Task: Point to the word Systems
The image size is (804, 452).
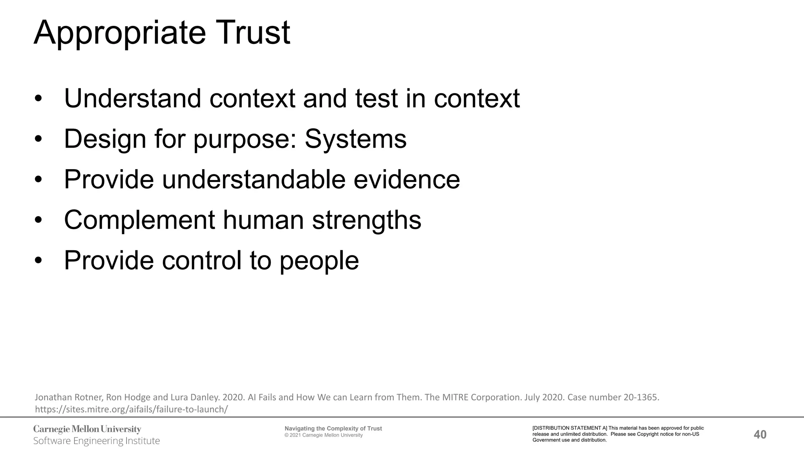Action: [356, 139]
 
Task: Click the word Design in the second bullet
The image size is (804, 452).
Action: [105, 139]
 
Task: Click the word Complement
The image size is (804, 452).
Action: [139, 220]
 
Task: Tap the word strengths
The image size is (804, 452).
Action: [367, 220]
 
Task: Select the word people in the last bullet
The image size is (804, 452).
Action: [319, 261]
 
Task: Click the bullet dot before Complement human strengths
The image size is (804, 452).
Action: [38, 221]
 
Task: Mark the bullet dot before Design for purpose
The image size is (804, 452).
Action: [38, 139]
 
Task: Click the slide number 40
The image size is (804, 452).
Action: [760, 434]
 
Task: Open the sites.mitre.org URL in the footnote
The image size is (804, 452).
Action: [131, 409]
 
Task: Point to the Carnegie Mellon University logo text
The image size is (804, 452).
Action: [87, 429]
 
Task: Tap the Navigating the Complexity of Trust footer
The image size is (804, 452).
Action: [333, 428]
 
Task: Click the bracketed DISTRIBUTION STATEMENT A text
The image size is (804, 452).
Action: [570, 428]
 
